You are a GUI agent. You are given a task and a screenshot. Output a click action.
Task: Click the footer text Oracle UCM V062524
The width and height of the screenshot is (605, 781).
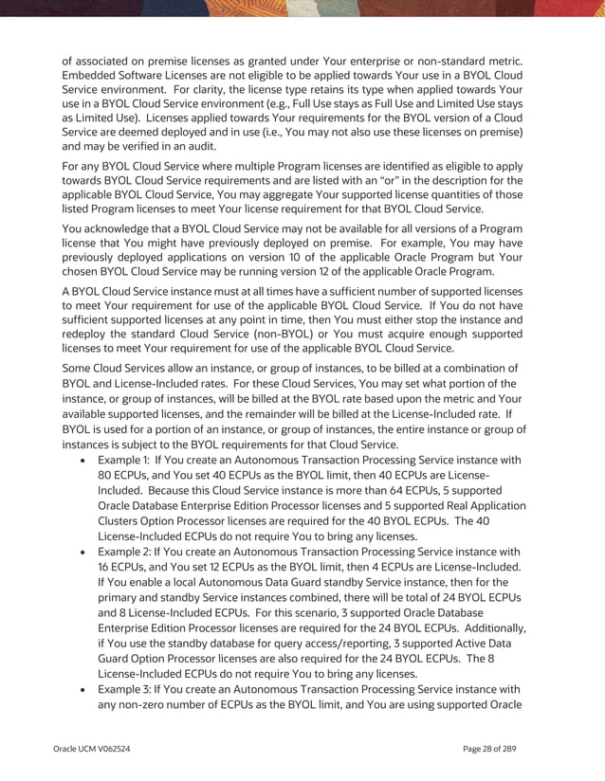tap(91, 750)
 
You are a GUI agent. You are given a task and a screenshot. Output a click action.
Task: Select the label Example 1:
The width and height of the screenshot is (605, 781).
tap(126, 460)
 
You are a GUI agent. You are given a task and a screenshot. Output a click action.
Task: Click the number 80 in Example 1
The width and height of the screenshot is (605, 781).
tap(106, 475)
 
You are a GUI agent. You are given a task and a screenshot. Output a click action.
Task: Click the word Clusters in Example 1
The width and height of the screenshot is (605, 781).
tap(121, 520)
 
